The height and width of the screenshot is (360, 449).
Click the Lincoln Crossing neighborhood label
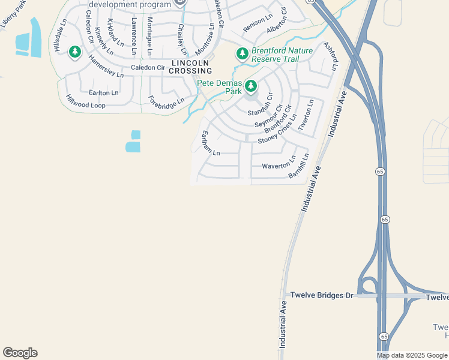coord(191,67)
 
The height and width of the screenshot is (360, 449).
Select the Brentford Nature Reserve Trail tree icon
coord(242,55)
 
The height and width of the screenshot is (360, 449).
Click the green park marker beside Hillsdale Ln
coord(75,53)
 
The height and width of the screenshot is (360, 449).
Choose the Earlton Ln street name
coord(104,93)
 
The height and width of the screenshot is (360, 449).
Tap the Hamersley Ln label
coord(106,67)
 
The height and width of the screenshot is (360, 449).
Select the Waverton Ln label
coord(279,165)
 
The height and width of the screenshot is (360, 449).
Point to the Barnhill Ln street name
coord(298,166)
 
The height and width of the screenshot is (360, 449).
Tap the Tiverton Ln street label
coord(306,116)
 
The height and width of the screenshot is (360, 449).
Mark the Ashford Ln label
coord(331,57)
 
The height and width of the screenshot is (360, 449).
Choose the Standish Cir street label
coord(260,105)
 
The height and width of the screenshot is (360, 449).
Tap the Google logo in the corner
coord(20,353)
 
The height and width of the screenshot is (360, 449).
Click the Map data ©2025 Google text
coord(411,355)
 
